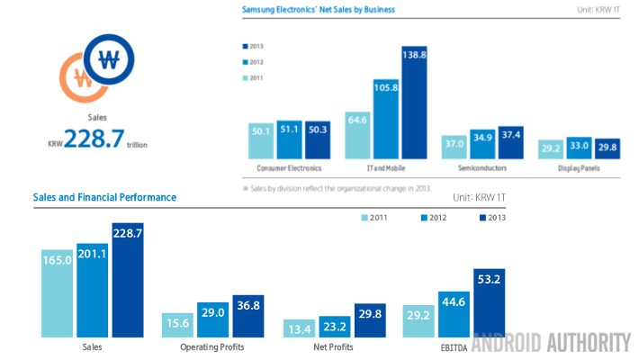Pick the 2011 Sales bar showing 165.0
[x=58, y=292]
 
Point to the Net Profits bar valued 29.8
[x=371, y=319]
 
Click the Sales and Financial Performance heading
[x=104, y=197]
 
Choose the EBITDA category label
[x=454, y=346]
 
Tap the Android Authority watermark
[x=551, y=342]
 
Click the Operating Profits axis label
[x=211, y=346]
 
